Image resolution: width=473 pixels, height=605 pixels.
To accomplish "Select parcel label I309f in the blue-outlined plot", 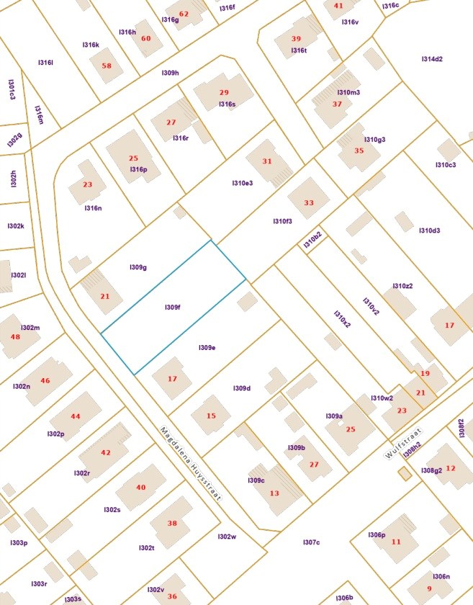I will [172, 308].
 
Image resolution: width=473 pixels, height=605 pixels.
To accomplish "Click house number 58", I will [107, 66].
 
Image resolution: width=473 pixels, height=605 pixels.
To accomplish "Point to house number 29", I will [224, 93].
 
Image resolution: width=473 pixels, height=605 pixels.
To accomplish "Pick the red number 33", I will [309, 203].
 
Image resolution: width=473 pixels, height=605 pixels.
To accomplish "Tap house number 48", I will [15, 337].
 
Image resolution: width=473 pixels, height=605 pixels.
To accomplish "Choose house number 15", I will [211, 416].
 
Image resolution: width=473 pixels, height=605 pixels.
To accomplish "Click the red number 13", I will [274, 493].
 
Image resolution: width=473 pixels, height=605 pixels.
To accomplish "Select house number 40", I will [140, 488].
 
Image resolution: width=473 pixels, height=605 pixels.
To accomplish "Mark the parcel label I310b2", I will [312, 241].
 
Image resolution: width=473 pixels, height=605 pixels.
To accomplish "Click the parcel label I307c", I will [311, 542].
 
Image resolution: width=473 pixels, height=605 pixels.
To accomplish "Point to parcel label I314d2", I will [432, 59].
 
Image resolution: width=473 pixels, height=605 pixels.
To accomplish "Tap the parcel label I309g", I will [138, 267].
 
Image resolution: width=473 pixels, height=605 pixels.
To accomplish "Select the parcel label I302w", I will [227, 536].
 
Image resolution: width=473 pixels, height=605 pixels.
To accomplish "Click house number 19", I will [425, 374].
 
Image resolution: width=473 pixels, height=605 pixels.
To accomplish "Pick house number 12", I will [451, 469].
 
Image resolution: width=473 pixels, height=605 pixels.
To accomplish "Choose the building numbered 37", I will [337, 104].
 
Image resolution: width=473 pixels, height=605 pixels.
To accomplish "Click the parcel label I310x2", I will [342, 319].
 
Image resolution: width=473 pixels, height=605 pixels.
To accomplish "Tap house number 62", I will [184, 14].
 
